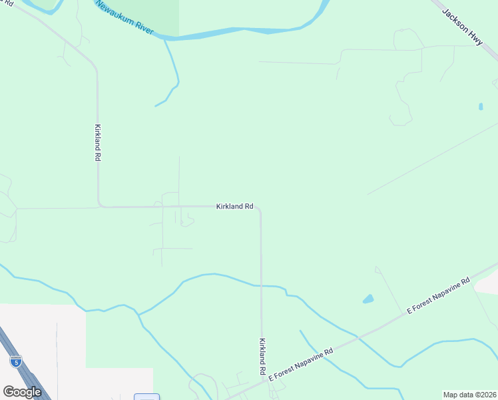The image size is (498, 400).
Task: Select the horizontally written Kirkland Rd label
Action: [234, 207]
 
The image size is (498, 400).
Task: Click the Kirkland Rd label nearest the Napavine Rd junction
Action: [262, 356]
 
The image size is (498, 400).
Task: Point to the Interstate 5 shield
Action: [16, 361]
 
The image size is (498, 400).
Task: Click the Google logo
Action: [22, 392]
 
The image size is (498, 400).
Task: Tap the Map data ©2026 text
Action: [469, 395]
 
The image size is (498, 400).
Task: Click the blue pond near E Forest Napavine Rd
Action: [368, 299]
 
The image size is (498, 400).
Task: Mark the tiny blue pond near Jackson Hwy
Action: [481, 106]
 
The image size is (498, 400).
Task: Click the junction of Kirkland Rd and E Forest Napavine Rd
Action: [262, 382]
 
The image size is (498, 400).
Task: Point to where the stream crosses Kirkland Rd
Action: [261, 285]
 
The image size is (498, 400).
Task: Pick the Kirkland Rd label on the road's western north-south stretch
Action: [97, 143]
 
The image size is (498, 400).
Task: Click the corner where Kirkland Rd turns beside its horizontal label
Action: [260, 209]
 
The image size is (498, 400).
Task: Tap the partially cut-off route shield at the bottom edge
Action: [146, 397]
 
